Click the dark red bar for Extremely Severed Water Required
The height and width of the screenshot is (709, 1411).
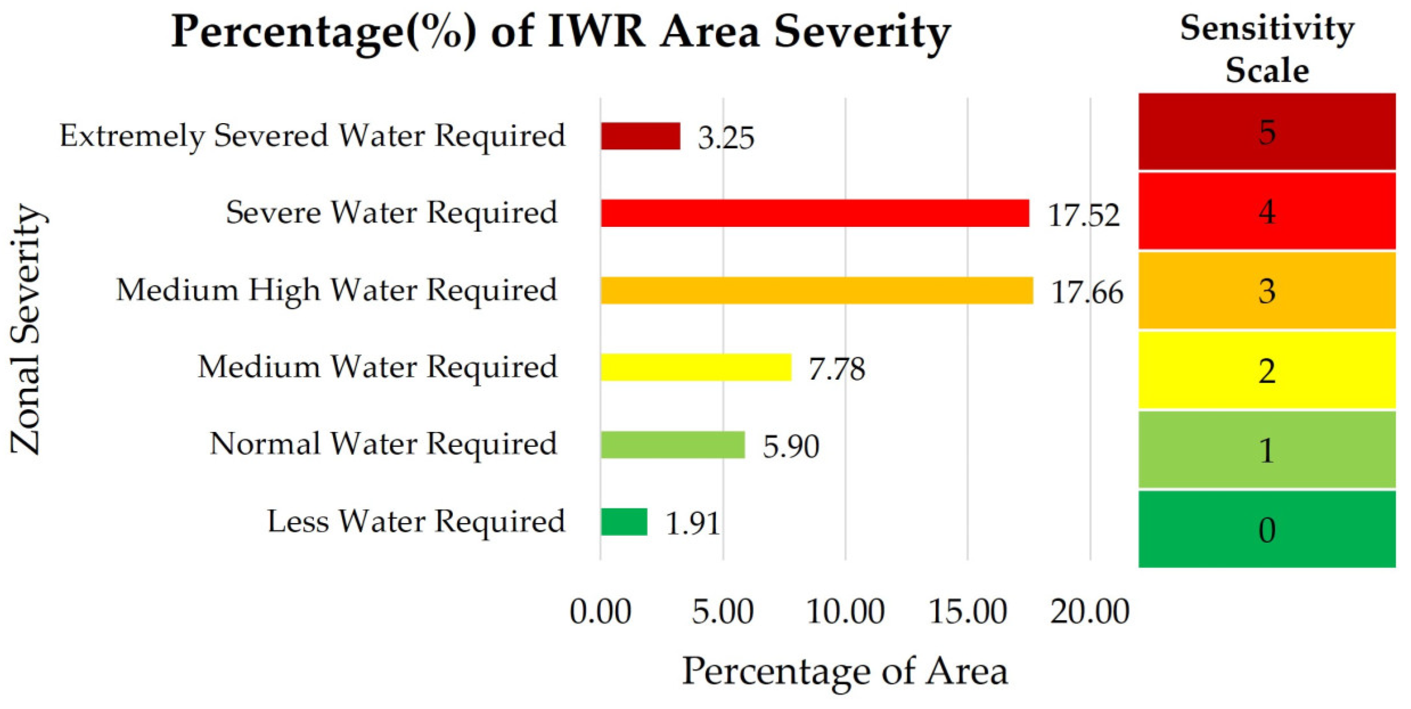coord(640,136)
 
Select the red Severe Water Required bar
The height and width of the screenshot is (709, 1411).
coord(815,213)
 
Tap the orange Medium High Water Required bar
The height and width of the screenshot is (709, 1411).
coord(816,291)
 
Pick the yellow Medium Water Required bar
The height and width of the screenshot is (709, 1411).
coord(696,367)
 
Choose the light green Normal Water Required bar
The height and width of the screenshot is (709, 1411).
coord(672,445)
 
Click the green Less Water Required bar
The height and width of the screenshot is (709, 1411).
coord(624,522)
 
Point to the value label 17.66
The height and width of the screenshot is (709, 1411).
coord(1087,292)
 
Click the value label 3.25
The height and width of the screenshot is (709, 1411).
coord(726,138)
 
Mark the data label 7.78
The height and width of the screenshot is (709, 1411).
coord(836,369)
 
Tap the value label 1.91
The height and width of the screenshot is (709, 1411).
coord(692,523)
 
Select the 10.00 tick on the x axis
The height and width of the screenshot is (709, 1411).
coord(845,612)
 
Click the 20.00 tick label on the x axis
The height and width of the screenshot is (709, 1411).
coord(1089,612)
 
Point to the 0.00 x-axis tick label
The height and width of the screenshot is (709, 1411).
coord(600,612)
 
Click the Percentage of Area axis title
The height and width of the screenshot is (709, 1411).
coord(845,671)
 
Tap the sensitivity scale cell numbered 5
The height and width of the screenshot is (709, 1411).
coord(1266,132)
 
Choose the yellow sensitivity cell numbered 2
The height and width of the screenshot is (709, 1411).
coord(1266,370)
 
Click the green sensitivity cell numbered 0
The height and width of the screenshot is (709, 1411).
coord(1266,529)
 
